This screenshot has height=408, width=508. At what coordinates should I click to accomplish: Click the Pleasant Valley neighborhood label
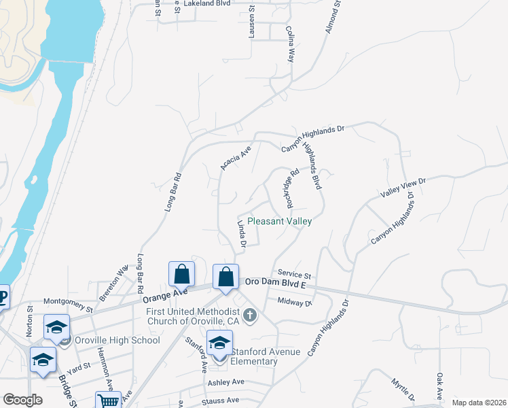[279, 221]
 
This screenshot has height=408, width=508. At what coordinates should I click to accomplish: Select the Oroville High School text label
[117, 340]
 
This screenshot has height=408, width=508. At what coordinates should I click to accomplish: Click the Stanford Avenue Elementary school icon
[219, 343]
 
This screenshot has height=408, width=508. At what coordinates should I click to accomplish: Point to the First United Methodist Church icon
[251, 314]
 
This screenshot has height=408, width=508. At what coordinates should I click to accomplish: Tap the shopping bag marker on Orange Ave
[182, 275]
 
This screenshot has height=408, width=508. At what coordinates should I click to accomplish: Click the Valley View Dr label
[403, 187]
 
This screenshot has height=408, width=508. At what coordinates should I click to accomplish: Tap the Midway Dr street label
[294, 301]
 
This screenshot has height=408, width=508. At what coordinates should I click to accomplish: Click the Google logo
[22, 400]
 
